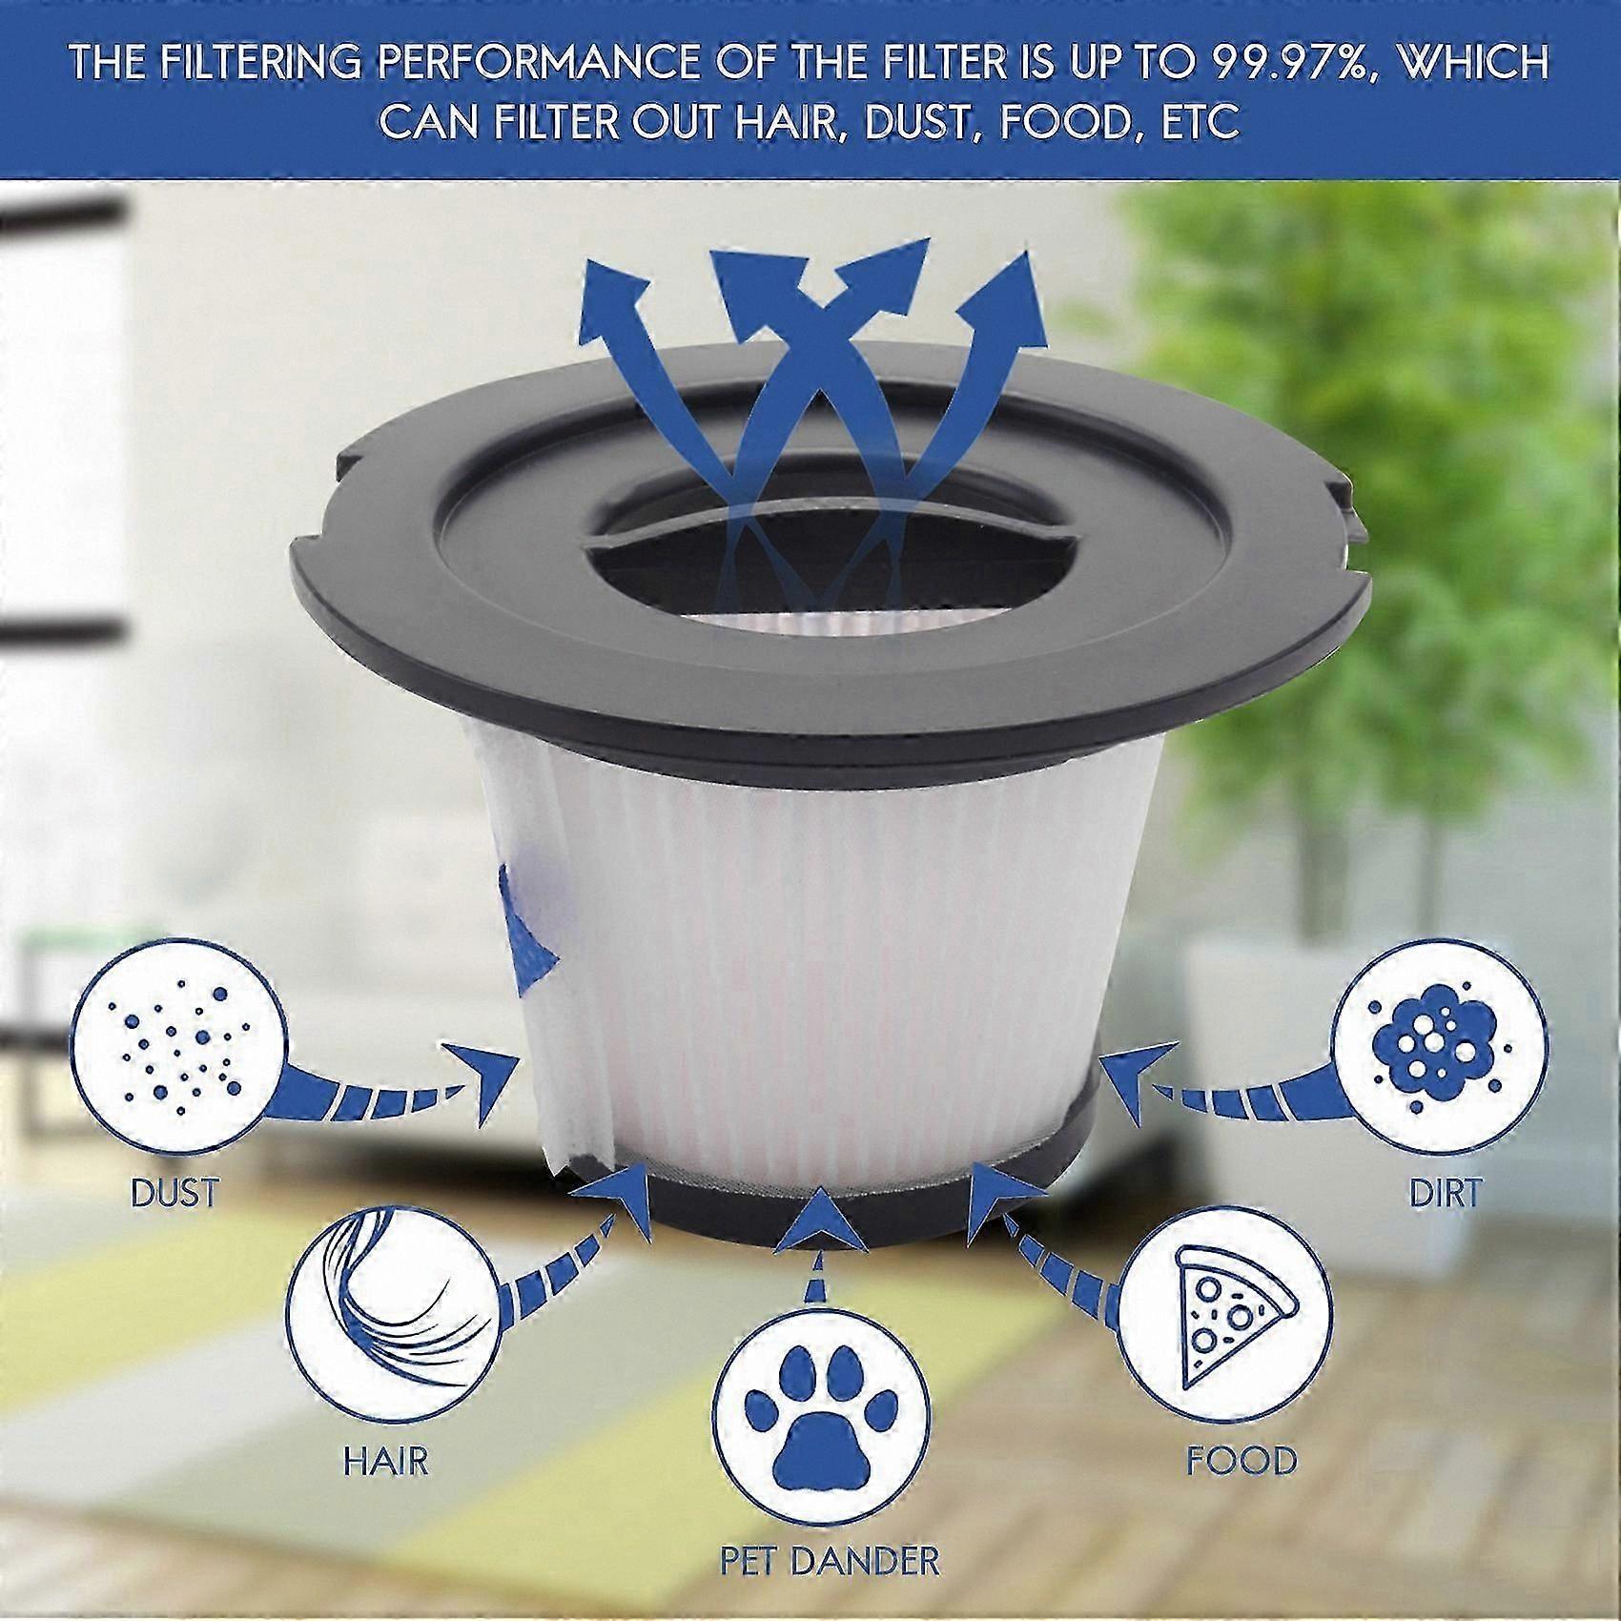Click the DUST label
175,1193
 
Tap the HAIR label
386,1460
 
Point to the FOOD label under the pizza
1241,1460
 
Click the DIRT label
1445,1193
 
